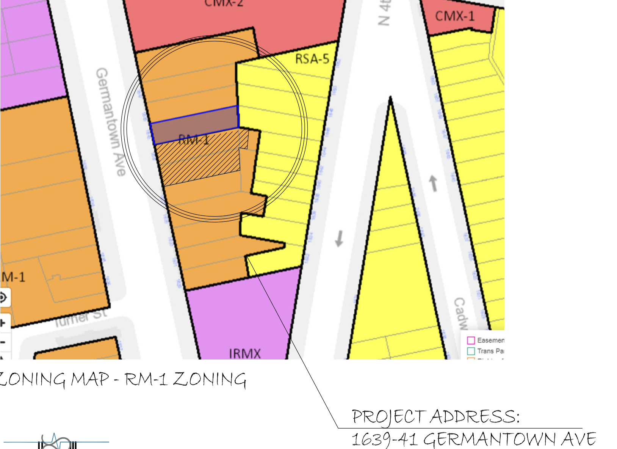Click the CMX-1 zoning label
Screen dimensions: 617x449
454,16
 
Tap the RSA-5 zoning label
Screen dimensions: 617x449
312,59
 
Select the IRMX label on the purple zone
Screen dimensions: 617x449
245,353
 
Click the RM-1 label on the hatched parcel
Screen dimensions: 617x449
194,140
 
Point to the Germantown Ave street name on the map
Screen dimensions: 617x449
110,121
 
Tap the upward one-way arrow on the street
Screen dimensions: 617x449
433,184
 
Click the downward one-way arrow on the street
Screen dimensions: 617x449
339,239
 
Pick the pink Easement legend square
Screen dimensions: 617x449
471,340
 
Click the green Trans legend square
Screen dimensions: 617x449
471,351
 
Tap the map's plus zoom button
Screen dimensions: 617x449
3,323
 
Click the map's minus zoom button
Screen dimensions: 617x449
3,342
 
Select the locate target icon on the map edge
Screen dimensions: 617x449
3,297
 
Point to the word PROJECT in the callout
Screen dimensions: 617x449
389,417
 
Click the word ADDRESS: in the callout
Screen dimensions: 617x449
474,416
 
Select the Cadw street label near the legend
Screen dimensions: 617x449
461,313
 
